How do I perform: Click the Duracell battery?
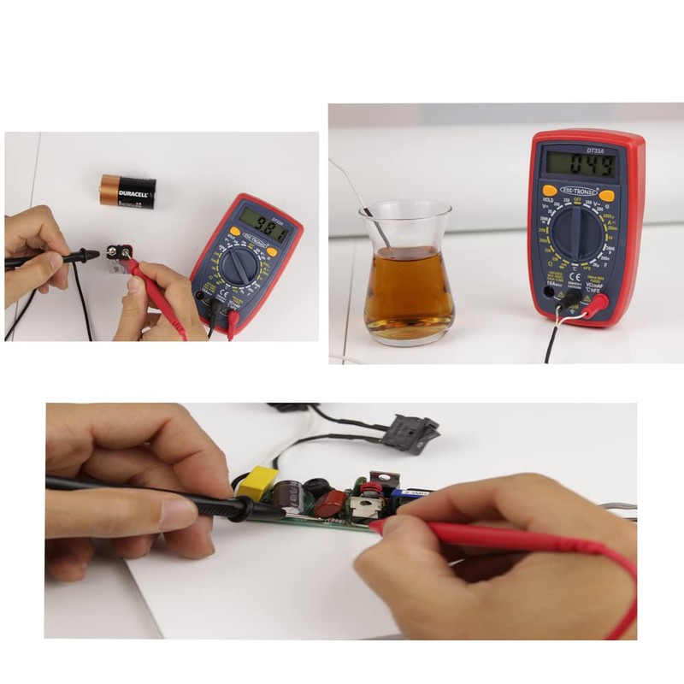pos(127,192)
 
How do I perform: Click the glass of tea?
pos(407,274)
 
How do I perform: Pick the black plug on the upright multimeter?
pos(566,298)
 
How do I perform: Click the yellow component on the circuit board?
pos(257,482)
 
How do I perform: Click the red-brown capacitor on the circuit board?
pos(330,504)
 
